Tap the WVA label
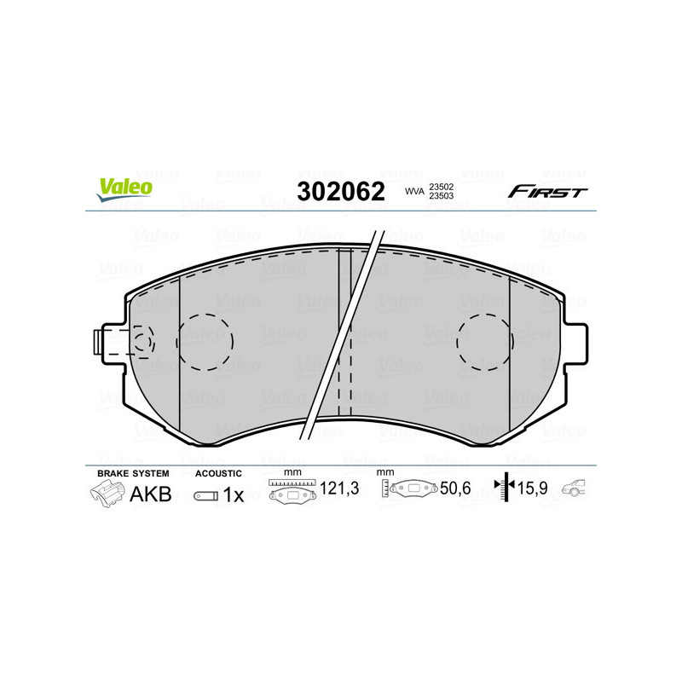coord(413,192)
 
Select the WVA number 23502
coord(440,187)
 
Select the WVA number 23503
coord(440,197)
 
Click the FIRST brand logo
coord(546,192)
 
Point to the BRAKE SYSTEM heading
coord(133,473)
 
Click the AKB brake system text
coord(150,494)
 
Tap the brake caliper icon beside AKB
coord(107,493)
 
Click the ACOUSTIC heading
coord(218,473)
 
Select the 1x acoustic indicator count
coord(233,494)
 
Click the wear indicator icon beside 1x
coord(205,494)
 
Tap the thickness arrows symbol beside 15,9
coord(506,488)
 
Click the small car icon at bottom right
coord(576,489)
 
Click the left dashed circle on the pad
coord(204,343)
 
